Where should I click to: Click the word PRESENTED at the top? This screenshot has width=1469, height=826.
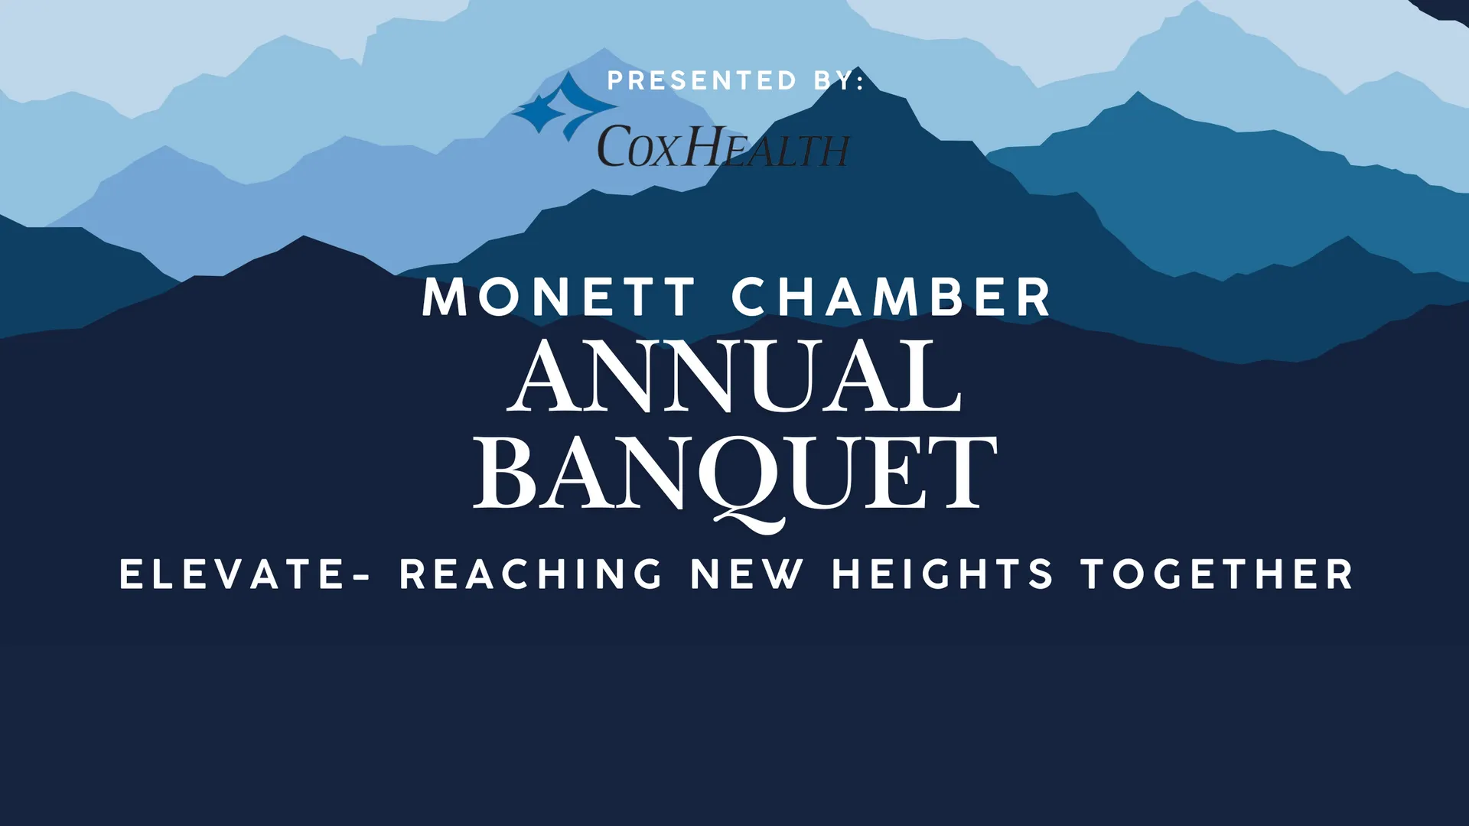click(x=702, y=80)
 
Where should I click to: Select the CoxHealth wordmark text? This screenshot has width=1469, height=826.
click(x=723, y=146)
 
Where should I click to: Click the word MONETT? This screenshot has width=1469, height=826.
click(x=559, y=297)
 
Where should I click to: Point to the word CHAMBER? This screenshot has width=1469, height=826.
click(x=891, y=297)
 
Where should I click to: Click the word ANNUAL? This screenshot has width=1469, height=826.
click(x=734, y=376)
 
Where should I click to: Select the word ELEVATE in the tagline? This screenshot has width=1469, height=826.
click(x=233, y=574)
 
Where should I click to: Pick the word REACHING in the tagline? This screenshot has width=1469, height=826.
click(x=531, y=574)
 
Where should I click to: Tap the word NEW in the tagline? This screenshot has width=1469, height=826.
click(x=748, y=574)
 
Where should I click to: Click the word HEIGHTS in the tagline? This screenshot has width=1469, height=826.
click(x=943, y=574)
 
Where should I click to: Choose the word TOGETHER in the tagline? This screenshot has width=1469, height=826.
click(x=1217, y=574)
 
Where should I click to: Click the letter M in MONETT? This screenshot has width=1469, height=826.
click(x=445, y=297)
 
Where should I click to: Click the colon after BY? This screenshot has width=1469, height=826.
click(x=861, y=81)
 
